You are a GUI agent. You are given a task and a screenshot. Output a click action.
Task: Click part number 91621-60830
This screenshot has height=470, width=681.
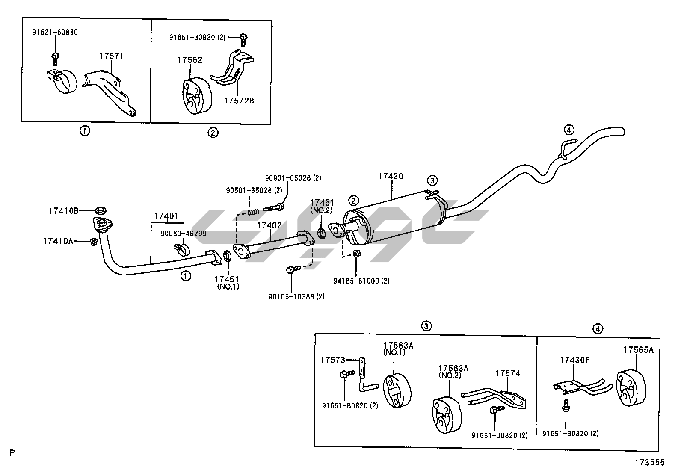55,32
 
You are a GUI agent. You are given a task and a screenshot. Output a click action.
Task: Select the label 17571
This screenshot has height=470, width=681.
111,56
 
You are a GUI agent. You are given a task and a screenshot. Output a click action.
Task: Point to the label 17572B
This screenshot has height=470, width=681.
239,101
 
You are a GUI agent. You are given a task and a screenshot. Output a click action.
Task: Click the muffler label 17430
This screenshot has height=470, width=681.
391,176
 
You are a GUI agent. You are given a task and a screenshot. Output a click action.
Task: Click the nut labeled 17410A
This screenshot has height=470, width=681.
93,242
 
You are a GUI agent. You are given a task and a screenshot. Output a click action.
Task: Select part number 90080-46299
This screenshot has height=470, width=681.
184,234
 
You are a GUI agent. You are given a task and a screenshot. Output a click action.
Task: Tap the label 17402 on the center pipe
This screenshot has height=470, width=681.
269,225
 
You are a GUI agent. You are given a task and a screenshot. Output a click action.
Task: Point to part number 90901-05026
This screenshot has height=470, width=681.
293,178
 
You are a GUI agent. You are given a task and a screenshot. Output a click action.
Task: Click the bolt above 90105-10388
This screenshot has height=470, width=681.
291,269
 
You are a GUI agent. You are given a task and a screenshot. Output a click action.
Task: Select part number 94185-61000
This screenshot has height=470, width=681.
361,281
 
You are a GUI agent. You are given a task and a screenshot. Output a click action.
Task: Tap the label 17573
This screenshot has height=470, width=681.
332,360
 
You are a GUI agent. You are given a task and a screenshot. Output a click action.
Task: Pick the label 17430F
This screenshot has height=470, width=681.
574,360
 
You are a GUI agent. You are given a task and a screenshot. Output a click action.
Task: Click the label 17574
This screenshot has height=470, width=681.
508,373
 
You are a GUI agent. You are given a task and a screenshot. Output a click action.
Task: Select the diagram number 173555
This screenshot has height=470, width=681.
650,463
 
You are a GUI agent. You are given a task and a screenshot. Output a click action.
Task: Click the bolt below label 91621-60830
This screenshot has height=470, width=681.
55,58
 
